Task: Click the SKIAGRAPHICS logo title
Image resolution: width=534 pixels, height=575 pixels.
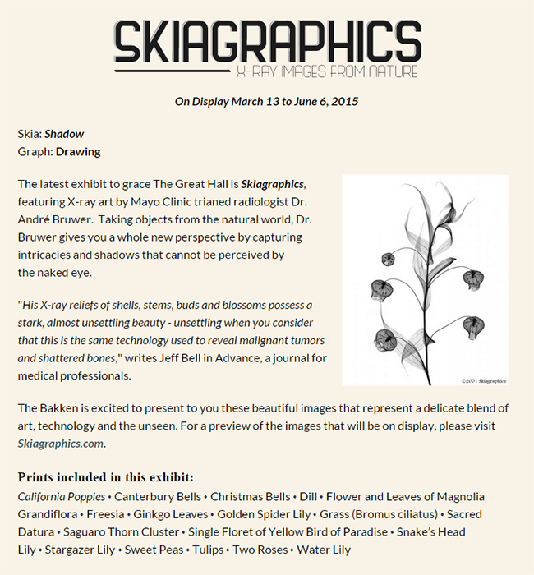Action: pos(267,42)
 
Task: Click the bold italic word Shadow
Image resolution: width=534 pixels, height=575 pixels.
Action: pos(64,134)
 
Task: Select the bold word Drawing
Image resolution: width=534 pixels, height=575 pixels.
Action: pos(78,151)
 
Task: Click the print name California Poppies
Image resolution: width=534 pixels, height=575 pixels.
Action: pos(62,496)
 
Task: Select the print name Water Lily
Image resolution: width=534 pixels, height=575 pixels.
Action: pos(324,550)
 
